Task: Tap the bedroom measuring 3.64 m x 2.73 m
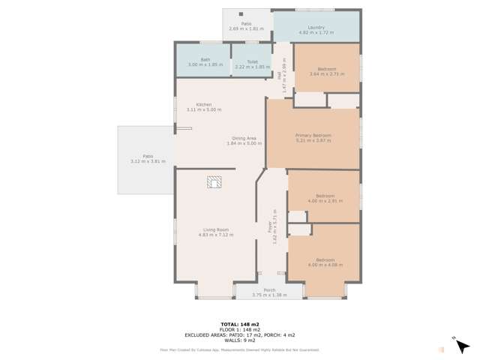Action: click(x=326, y=70)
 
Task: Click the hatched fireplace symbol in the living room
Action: click(x=215, y=181)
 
